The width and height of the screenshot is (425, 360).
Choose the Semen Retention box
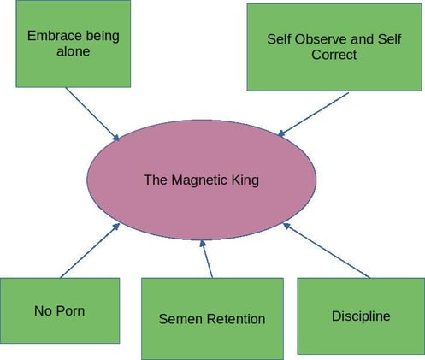[212, 318]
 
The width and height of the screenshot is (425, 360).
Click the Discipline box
[360, 316]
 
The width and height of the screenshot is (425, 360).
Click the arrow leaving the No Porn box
[90, 251]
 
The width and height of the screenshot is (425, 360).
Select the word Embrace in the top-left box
[56, 38]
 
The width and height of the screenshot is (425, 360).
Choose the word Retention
[236, 319]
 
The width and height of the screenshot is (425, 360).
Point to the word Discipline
[360, 316]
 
